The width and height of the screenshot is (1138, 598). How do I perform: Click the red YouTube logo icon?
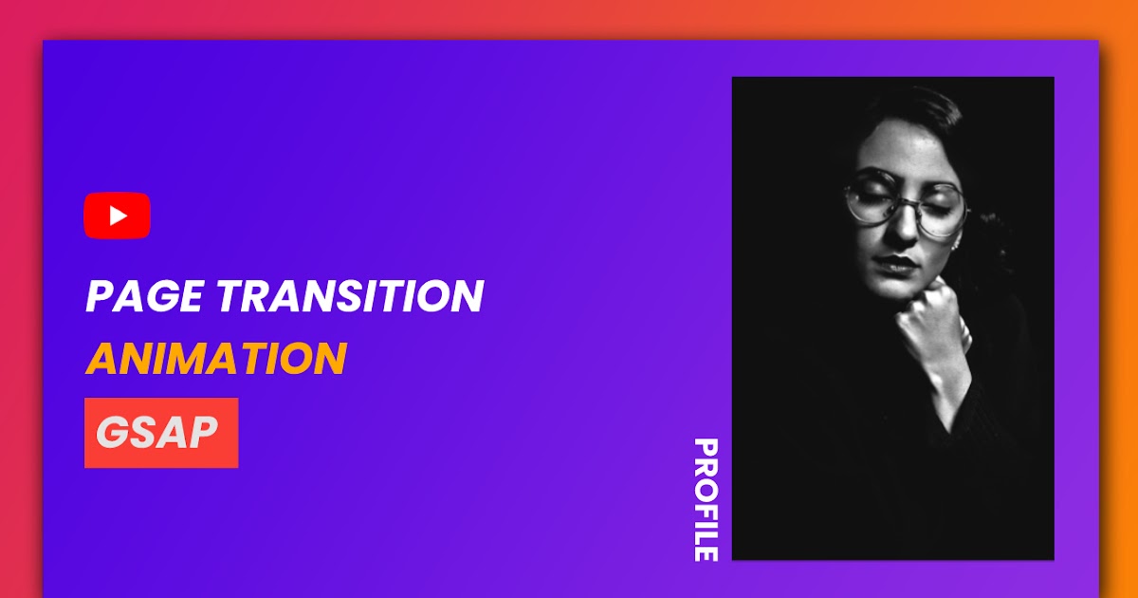coord(117,215)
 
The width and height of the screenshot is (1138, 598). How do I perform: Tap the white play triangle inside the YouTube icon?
coord(118,215)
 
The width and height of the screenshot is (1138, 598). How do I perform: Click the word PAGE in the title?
coord(142,297)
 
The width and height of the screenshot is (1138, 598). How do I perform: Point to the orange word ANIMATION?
coord(215,359)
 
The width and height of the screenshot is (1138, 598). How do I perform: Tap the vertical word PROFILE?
coord(705,499)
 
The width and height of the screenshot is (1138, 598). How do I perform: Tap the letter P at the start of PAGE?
coord(99,297)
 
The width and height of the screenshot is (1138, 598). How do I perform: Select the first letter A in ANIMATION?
coord(101,359)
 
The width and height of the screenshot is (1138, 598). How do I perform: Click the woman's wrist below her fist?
coord(948,389)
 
